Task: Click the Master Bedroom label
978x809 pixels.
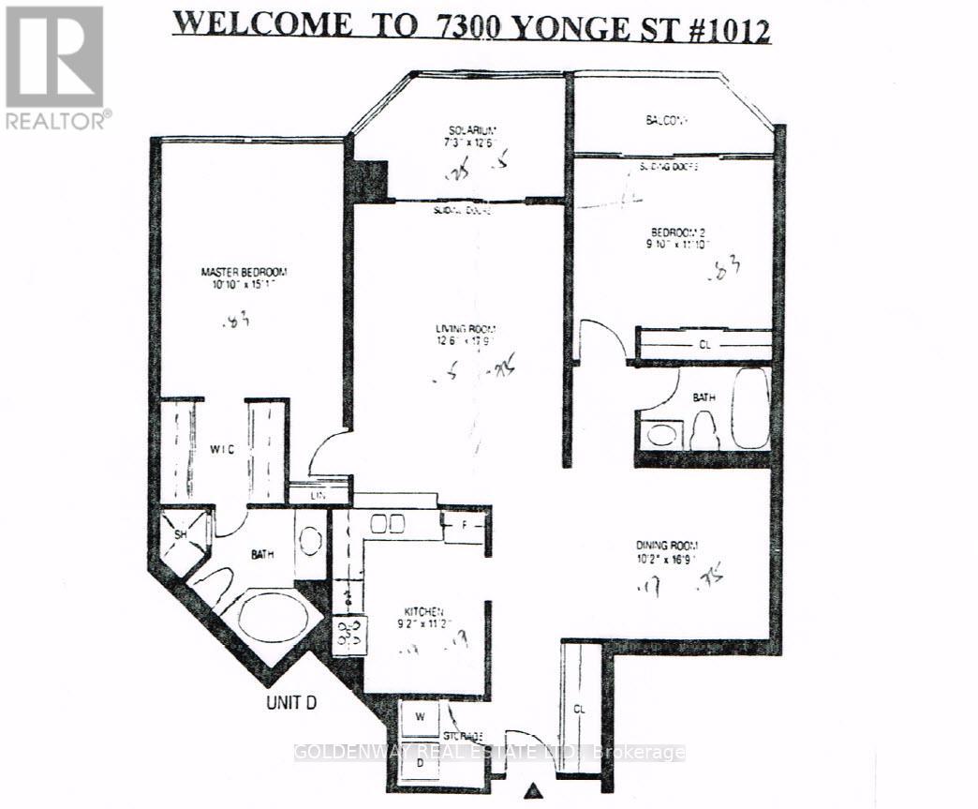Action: tap(244, 272)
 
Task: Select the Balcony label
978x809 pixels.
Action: tap(667, 120)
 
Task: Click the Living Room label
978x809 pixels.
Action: tap(465, 329)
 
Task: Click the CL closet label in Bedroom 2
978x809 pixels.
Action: tap(704, 344)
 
